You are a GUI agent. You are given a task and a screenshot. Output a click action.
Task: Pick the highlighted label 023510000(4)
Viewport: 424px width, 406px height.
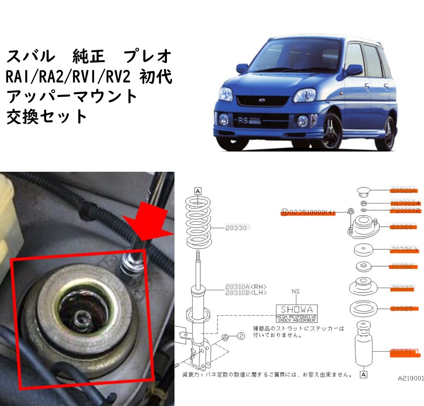[x=308, y=212]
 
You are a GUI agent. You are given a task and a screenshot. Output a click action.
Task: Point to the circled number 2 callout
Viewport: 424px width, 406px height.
[x=241, y=336]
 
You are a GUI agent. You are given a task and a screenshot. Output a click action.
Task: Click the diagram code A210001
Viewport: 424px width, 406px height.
[x=411, y=379]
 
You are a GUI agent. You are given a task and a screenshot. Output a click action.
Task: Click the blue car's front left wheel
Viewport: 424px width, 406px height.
[x=331, y=131]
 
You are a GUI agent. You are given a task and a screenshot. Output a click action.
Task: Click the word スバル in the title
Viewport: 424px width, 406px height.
[x=30, y=55]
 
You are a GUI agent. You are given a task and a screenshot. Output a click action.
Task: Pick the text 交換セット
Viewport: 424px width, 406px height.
[x=46, y=117]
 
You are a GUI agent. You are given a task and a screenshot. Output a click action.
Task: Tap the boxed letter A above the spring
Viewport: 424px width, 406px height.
[x=198, y=190]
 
